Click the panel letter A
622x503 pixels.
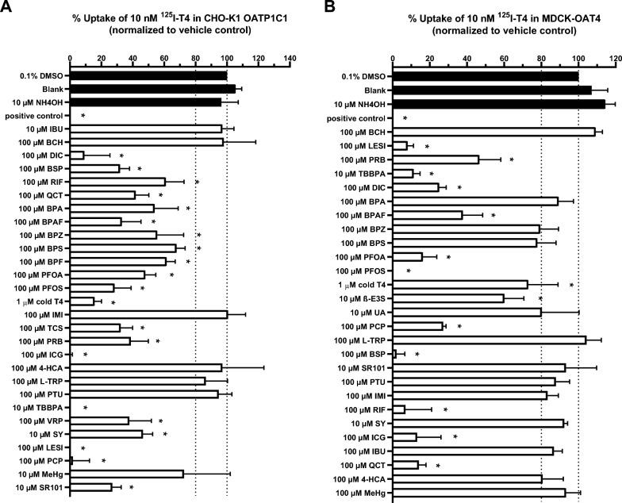(6, 8)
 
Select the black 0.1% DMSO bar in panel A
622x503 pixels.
(148, 76)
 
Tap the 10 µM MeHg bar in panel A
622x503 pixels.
(127, 474)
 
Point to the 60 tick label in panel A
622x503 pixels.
(164, 57)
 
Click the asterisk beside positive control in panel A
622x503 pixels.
(83, 116)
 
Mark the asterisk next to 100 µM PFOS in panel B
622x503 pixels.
(408, 271)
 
